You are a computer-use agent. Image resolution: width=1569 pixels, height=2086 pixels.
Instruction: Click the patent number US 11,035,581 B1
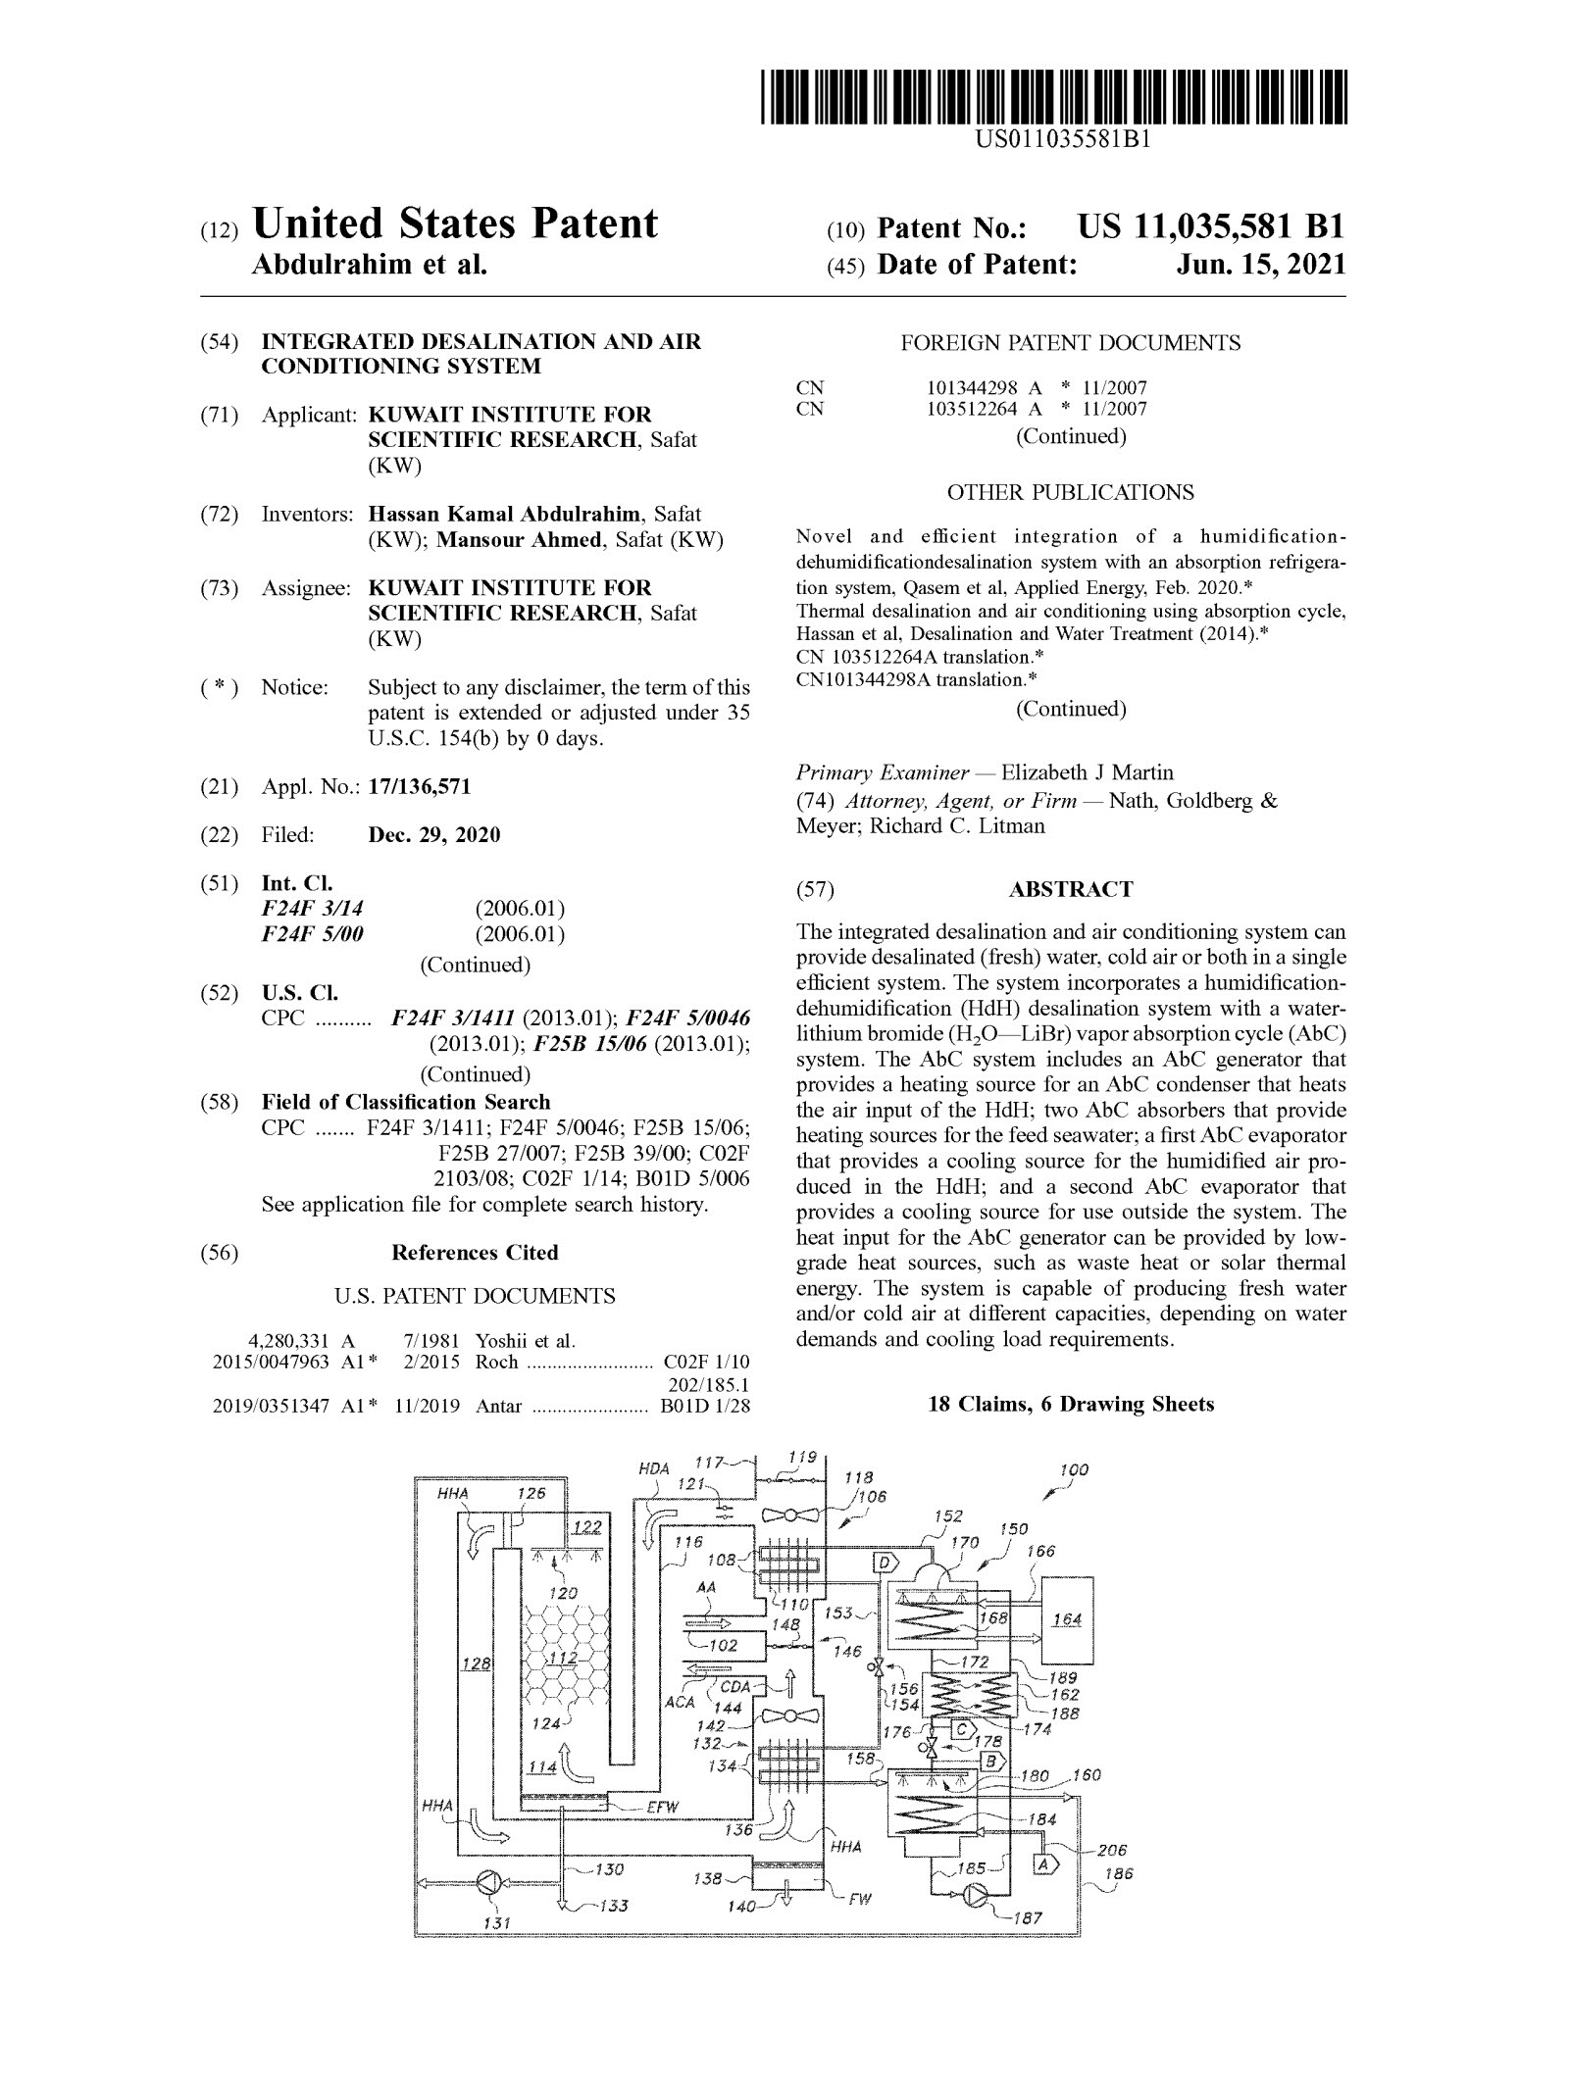point(1210,228)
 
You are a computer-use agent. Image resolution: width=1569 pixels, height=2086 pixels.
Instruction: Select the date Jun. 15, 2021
point(1261,265)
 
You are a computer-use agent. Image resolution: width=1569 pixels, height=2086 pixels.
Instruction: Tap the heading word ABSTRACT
point(1071,889)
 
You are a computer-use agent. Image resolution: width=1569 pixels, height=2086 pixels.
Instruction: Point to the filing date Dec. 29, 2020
point(433,835)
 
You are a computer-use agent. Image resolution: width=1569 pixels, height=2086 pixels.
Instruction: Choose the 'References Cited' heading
point(475,1252)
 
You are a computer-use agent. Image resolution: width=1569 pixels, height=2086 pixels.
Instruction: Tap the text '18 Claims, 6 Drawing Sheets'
point(1071,1404)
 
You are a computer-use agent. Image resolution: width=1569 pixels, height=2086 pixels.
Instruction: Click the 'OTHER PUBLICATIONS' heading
point(1071,492)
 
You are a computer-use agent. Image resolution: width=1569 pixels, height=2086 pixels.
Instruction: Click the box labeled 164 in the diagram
point(1066,1620)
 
